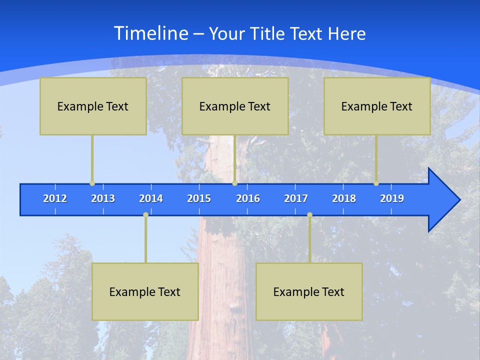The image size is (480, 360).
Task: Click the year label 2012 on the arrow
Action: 55,198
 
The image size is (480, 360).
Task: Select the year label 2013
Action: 103,198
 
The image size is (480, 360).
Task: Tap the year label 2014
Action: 151,198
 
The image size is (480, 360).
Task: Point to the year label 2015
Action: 199,198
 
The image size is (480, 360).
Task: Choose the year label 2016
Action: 248,198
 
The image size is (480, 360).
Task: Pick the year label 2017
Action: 296,198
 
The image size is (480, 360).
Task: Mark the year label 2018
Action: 344,198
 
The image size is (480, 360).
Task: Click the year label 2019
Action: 392,198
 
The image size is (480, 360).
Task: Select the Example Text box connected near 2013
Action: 93,106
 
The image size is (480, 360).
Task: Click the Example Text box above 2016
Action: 235,106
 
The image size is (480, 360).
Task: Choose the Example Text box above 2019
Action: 377,106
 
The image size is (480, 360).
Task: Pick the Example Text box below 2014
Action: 145,291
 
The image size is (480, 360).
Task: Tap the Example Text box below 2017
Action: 309,291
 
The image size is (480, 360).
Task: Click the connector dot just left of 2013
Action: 92,183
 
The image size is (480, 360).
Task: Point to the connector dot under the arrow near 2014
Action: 145,215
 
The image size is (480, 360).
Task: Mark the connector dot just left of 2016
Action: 234,183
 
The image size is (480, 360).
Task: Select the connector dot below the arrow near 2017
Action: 309,215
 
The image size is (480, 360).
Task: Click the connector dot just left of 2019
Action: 376,183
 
